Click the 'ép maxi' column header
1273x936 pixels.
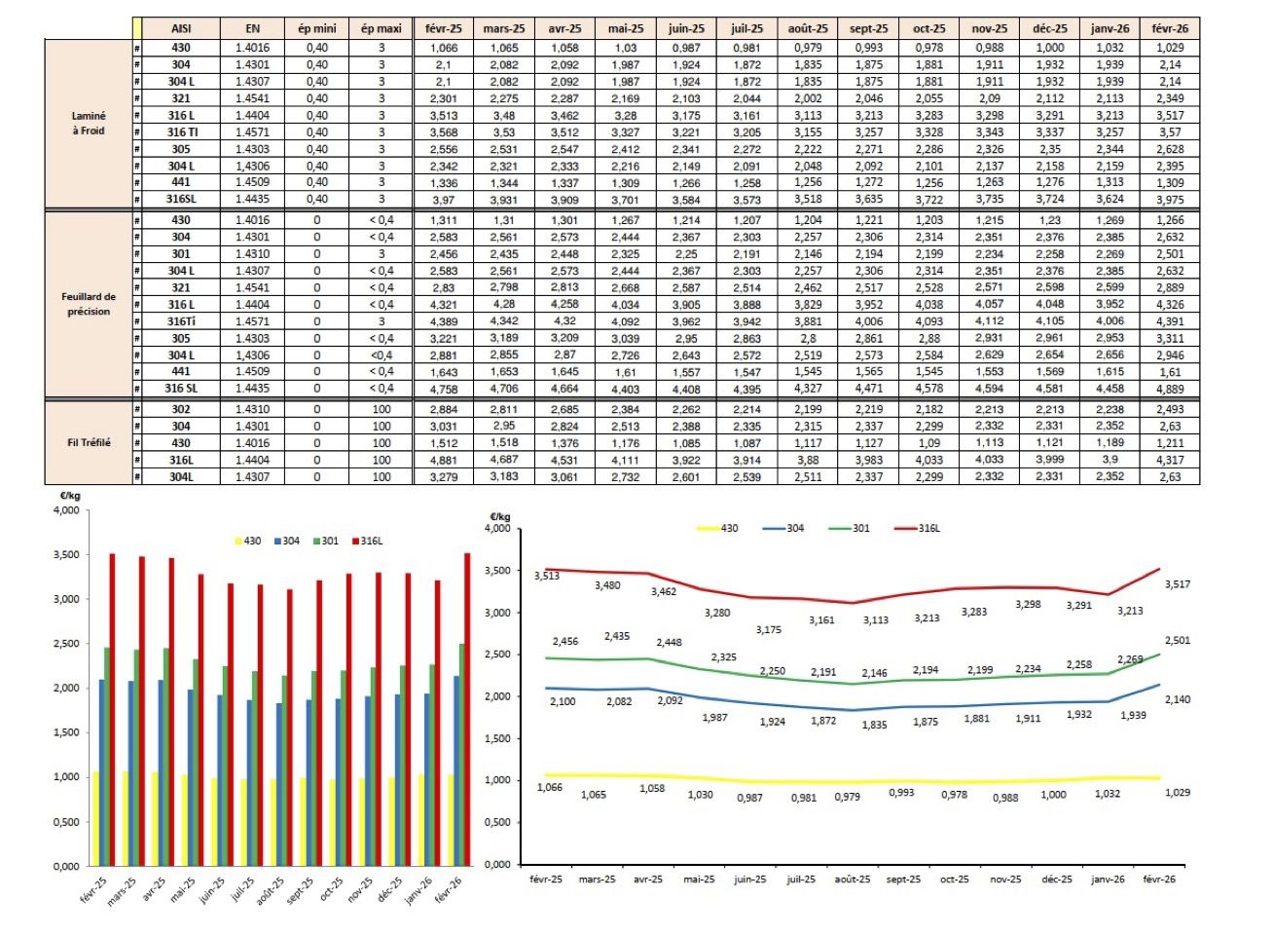click(x=381, y=28)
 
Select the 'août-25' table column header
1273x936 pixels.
click(x=808, y=28)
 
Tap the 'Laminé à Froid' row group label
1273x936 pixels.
click(x=89, y=123)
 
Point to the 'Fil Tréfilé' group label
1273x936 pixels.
click(x=89, y=442)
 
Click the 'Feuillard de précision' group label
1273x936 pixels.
click(x=89, y=304)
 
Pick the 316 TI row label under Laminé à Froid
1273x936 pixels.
click(x=181, y=132)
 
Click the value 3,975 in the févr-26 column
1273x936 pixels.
click(x=1170, y=200)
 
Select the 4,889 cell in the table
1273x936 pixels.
click(x=1170, y=389)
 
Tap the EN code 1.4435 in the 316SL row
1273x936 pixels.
click(x=252, y=200)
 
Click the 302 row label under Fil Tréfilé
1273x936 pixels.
click(x=181, y=410)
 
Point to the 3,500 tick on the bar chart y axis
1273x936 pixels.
click(x=66, y=555)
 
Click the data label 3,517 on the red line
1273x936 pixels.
click(x=1177, y=584)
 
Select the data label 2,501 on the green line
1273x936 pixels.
click(x=1177, y=641)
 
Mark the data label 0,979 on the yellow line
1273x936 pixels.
click(x=848, y=797)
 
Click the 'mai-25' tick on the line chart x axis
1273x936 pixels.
click(x=699, y=880)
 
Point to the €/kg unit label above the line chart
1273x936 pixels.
click(x=499, y=516)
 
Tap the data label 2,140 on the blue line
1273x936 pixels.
click(x=1177, y=699)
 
